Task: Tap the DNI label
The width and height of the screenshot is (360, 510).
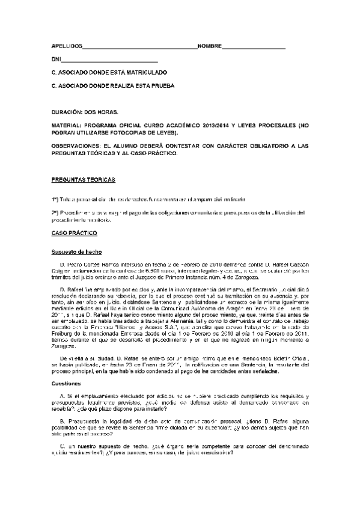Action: (56, 60)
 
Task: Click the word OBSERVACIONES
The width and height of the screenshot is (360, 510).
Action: (77, 146)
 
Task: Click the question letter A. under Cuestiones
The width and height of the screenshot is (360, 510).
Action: (63, 395)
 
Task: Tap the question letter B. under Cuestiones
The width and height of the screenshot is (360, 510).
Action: (63, 421)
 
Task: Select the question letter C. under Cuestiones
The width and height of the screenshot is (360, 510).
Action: (63, 446)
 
